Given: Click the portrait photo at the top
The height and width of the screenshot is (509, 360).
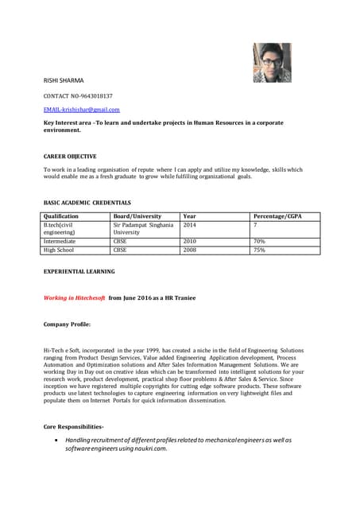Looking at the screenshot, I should [x=272, y=62].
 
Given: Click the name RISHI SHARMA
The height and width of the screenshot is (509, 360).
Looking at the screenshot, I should [x=63, y=81].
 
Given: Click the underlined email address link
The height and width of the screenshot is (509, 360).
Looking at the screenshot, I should [x=81, y=109].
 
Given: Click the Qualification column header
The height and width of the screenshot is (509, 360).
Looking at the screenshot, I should [x=61, y=216].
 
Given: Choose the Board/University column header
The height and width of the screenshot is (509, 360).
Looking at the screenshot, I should [x=137, y=216].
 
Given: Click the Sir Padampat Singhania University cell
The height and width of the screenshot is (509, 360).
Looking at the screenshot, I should [x=143, y=229].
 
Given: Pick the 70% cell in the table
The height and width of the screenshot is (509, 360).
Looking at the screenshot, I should [x=259, y=241].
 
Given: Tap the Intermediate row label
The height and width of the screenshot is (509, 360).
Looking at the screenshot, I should [x=60, y=241].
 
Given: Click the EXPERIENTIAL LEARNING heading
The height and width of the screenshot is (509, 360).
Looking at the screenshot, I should [x=79, y=271].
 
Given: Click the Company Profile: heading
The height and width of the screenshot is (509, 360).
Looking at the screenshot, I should [x=67, y=324].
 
